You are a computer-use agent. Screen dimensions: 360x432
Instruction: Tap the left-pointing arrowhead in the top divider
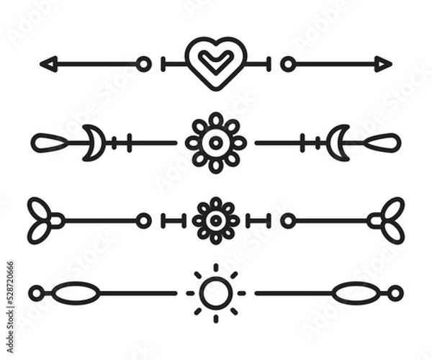[48, 64]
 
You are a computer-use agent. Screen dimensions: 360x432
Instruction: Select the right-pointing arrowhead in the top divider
[383, 64]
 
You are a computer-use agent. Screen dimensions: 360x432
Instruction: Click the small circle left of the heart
[144, 64]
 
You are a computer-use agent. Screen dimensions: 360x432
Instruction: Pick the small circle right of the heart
[288, 64]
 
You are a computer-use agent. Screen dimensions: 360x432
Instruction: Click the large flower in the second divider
[216, 143]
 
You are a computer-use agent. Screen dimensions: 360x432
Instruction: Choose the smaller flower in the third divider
[216, 220]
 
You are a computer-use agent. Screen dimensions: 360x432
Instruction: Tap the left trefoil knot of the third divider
[42, 220]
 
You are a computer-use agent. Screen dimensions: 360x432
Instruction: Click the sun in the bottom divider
[216, 293]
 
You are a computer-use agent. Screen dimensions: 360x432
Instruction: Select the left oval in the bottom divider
[76, 293]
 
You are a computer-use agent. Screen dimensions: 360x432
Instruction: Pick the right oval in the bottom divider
[356, 293]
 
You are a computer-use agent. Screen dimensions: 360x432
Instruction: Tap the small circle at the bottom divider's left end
[36, 293]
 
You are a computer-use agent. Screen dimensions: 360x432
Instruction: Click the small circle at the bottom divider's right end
[396, 293]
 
